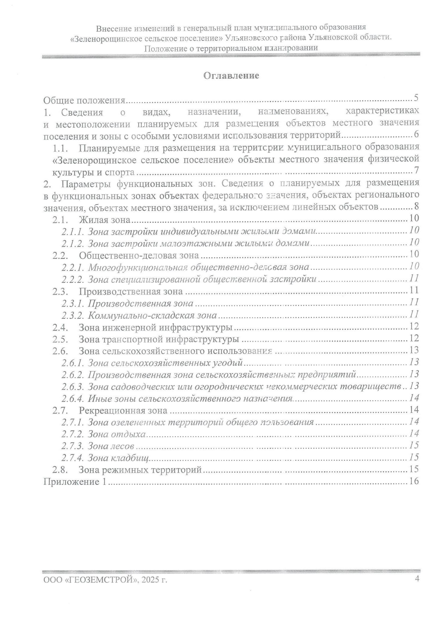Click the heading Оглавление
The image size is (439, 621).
click(231, 76)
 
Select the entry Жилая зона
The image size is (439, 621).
click(105, 220)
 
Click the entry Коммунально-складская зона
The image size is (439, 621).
click(153, 315)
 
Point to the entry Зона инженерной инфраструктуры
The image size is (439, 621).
click(155, 327)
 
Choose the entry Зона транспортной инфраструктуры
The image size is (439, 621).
click(159, 339)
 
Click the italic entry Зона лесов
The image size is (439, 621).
click(111, 446)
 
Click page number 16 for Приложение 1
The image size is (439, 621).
click(414, 481)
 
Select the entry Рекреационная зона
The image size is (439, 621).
click(123, 410)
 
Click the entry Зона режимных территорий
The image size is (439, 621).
click(140, 470)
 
